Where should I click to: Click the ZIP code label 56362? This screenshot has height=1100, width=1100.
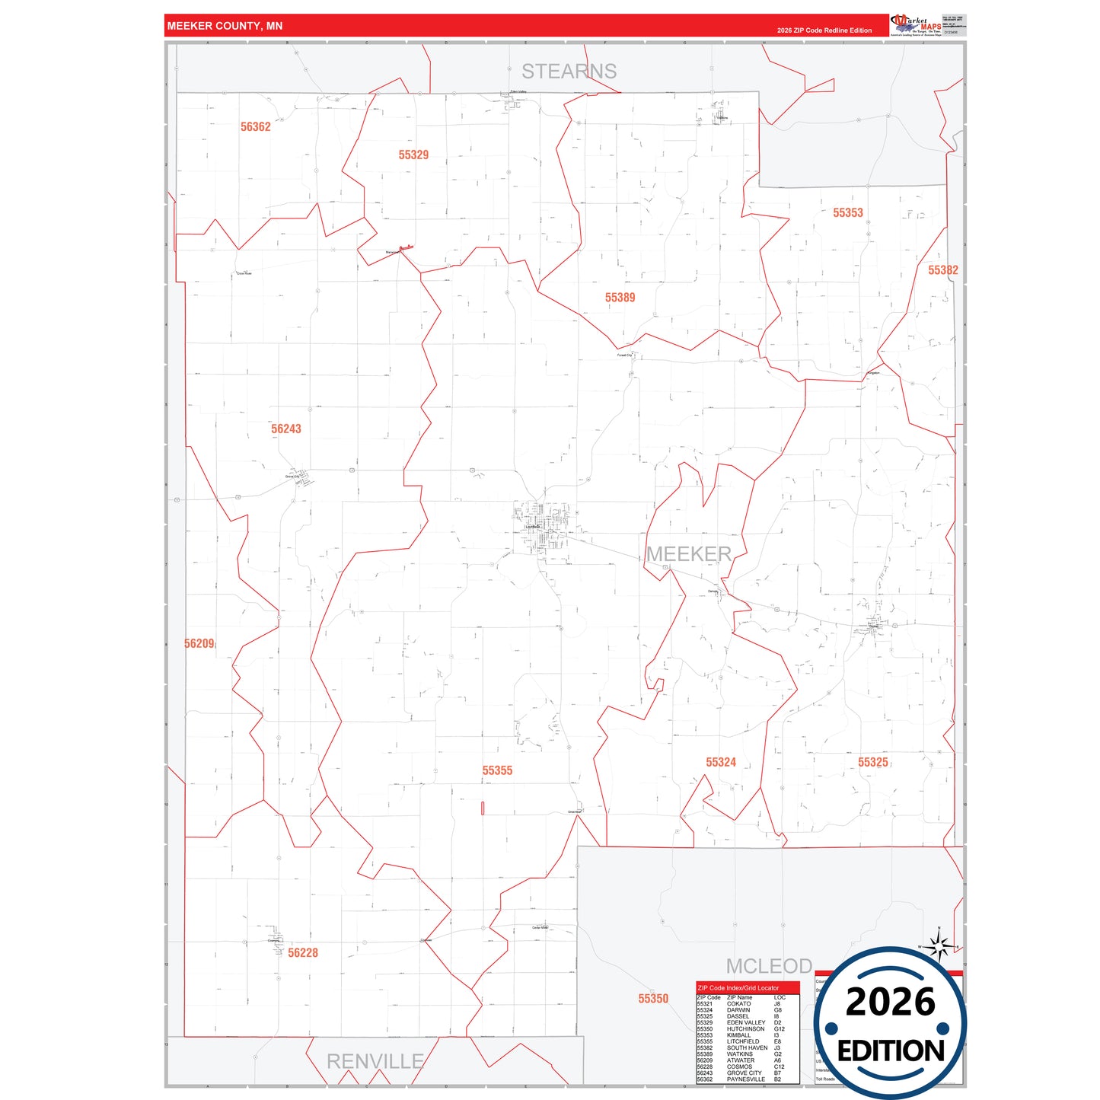click(255, 127)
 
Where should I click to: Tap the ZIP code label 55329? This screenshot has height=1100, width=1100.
click(413, 155)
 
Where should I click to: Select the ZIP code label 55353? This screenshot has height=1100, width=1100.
click(847, 213)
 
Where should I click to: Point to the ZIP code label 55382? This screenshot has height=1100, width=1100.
click(942, 270)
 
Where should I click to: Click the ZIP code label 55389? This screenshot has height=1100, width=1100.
click(620, 298)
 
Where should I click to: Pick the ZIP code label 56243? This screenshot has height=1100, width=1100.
click(285, 429)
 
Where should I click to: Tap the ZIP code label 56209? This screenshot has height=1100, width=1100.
click(199, 644)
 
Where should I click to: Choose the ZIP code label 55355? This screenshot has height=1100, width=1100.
click(497, 771)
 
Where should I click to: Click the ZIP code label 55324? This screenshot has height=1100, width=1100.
click(720, 763)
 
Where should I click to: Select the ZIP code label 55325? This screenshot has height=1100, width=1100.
click(872, 763)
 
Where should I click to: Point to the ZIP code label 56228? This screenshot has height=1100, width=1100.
click(302, 953)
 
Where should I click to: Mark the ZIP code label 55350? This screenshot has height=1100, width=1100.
click(652, 999)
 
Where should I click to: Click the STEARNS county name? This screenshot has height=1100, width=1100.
click(569, 72)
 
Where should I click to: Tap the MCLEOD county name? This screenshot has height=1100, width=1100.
click(769, 966)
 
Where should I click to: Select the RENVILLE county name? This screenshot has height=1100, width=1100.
click(375, 1061)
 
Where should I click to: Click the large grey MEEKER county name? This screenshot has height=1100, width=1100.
click(688, 554)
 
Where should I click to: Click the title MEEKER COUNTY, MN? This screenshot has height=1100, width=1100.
click(225, 26)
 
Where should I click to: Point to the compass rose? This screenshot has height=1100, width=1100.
click(939, 947)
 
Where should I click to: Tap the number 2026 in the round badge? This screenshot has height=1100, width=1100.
click(890, 1002)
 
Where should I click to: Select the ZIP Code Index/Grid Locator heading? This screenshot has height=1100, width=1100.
click(738, 988)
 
